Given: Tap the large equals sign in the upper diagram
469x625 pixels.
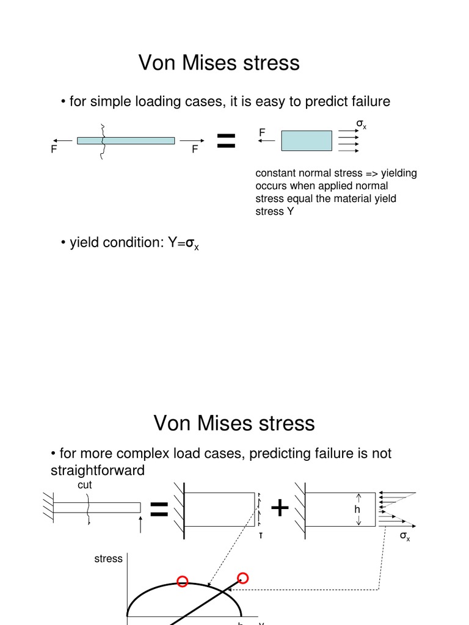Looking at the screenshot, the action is pos(227,142).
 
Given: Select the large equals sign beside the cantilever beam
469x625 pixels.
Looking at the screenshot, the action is pos(159,510).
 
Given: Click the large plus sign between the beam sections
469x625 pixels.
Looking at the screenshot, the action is pos(280,508).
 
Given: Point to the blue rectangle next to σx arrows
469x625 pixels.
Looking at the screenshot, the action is pos(307,140).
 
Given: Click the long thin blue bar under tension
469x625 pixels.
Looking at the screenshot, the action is pos(126,140).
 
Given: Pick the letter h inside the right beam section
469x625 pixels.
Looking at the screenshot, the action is pos(357,510).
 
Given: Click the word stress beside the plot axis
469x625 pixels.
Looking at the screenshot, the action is pos(108,558).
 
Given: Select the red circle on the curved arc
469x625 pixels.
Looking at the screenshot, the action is pos(182,582).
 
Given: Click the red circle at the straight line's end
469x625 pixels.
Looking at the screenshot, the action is pos(242,577).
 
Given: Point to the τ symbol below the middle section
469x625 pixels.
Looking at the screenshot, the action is pos(260,535).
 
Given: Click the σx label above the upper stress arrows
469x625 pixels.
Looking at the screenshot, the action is pos(361,125).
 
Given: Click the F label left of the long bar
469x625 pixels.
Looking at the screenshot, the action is pos(54,150).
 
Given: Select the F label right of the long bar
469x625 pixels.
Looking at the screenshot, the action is pos(195,150).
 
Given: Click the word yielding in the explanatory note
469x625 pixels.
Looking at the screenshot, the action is pos(399,173).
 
